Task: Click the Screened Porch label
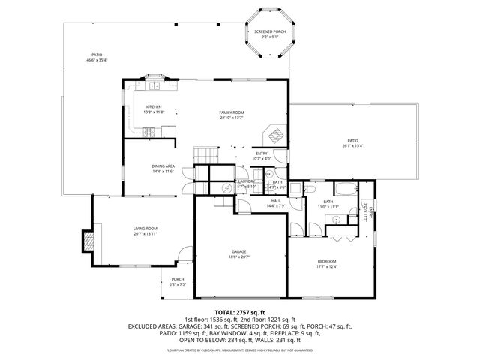pyautogui.click(x=269, y=31)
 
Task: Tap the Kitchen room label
pyautogui.click(x=153, y=106)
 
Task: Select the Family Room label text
pyautogui.click(x=232, y=112)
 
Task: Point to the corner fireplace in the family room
pyautogui.click(x=275, y=136)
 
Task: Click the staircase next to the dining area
pyautogui.click(x=205, y=154)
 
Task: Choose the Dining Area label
pyautogui.click(x=163, y=166)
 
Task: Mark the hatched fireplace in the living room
pyautogui.click(x=88, y=241)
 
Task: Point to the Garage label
pyautogui.click(x=239, y=251)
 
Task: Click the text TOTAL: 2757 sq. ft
pyautogui.click(x=240, y=312)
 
